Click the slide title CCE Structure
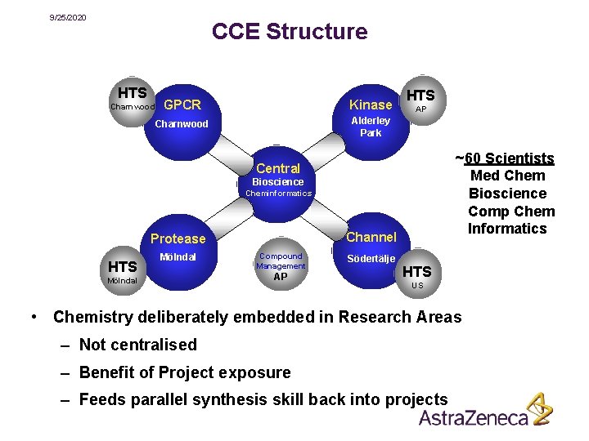point(290,32)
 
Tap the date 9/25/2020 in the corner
point(68,17)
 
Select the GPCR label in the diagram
point(182,105)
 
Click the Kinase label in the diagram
point(371,105)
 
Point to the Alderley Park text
point(371,127)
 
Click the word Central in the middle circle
point(278,168)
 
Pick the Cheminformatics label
point(278,194)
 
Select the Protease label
point(178,238)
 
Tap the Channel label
point(371,238)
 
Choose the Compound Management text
point(281,261)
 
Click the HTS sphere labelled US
point(417,274)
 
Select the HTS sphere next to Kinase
point(420,99)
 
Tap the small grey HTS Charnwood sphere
point(132,98)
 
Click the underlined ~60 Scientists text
point(505,158)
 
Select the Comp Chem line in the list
point(511,212)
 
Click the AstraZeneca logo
point(485,412)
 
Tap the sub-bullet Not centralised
point(137,345)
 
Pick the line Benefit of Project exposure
point(184,372)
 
